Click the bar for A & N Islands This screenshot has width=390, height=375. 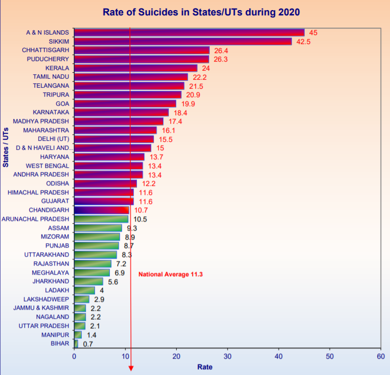tap(189, 32)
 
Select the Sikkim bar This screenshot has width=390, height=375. tap(183, 41)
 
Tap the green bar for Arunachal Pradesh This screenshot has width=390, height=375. tap(101, 219)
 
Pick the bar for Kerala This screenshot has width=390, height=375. tap(135, 68)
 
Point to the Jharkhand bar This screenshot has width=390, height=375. tap(89, 281)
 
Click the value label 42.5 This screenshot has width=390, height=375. tap(304, 41)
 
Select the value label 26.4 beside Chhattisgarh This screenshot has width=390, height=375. tap(221, 50)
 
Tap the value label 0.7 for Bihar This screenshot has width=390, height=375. tap(88, 344)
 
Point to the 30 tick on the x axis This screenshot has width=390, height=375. tap(227, 356)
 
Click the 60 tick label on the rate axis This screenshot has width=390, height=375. tap(380, 356)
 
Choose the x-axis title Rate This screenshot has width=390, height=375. tap(205, 367)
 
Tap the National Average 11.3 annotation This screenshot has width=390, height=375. tap(171, 275)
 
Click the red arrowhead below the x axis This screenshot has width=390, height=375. tap(131, 368)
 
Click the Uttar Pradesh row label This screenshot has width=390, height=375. tap(44, 326)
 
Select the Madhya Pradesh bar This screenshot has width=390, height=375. tap(118, 121)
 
